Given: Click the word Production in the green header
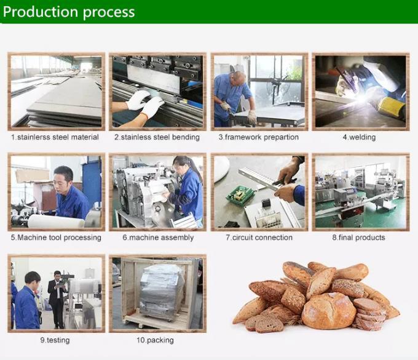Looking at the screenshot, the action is coord(41,12).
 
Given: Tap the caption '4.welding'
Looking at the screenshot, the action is coord(359,137).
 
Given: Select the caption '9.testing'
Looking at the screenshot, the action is coord(55,340).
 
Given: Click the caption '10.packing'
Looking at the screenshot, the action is coord(155,340).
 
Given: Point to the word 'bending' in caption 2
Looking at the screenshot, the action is coord(186,137).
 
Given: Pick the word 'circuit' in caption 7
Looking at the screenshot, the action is coord(242,238).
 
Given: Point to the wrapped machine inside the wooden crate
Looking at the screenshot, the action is coord(161,290).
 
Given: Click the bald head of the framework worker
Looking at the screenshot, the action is coord(239,76).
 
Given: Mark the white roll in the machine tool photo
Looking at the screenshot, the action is coord(56,221).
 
